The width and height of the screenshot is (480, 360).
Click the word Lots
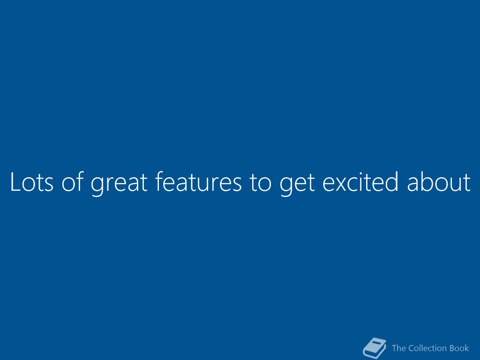point(32,181)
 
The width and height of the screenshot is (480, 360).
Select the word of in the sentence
point(73,181)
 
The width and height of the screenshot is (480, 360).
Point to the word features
point(198,181)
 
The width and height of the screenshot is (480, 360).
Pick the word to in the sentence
point(261,182)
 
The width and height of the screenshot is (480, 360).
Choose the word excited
point(360,181)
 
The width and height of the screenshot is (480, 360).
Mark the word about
point(439,181)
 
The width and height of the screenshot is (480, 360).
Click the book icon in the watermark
point(375,348)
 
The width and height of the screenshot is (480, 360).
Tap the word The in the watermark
point(399,348)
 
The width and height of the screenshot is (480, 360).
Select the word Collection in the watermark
point(427,348)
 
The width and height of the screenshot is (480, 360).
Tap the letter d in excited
point(391,181)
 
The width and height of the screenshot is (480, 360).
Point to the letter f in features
point(160,181)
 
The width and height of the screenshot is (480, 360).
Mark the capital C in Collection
point(412,348)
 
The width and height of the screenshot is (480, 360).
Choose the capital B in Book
point(452,348)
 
